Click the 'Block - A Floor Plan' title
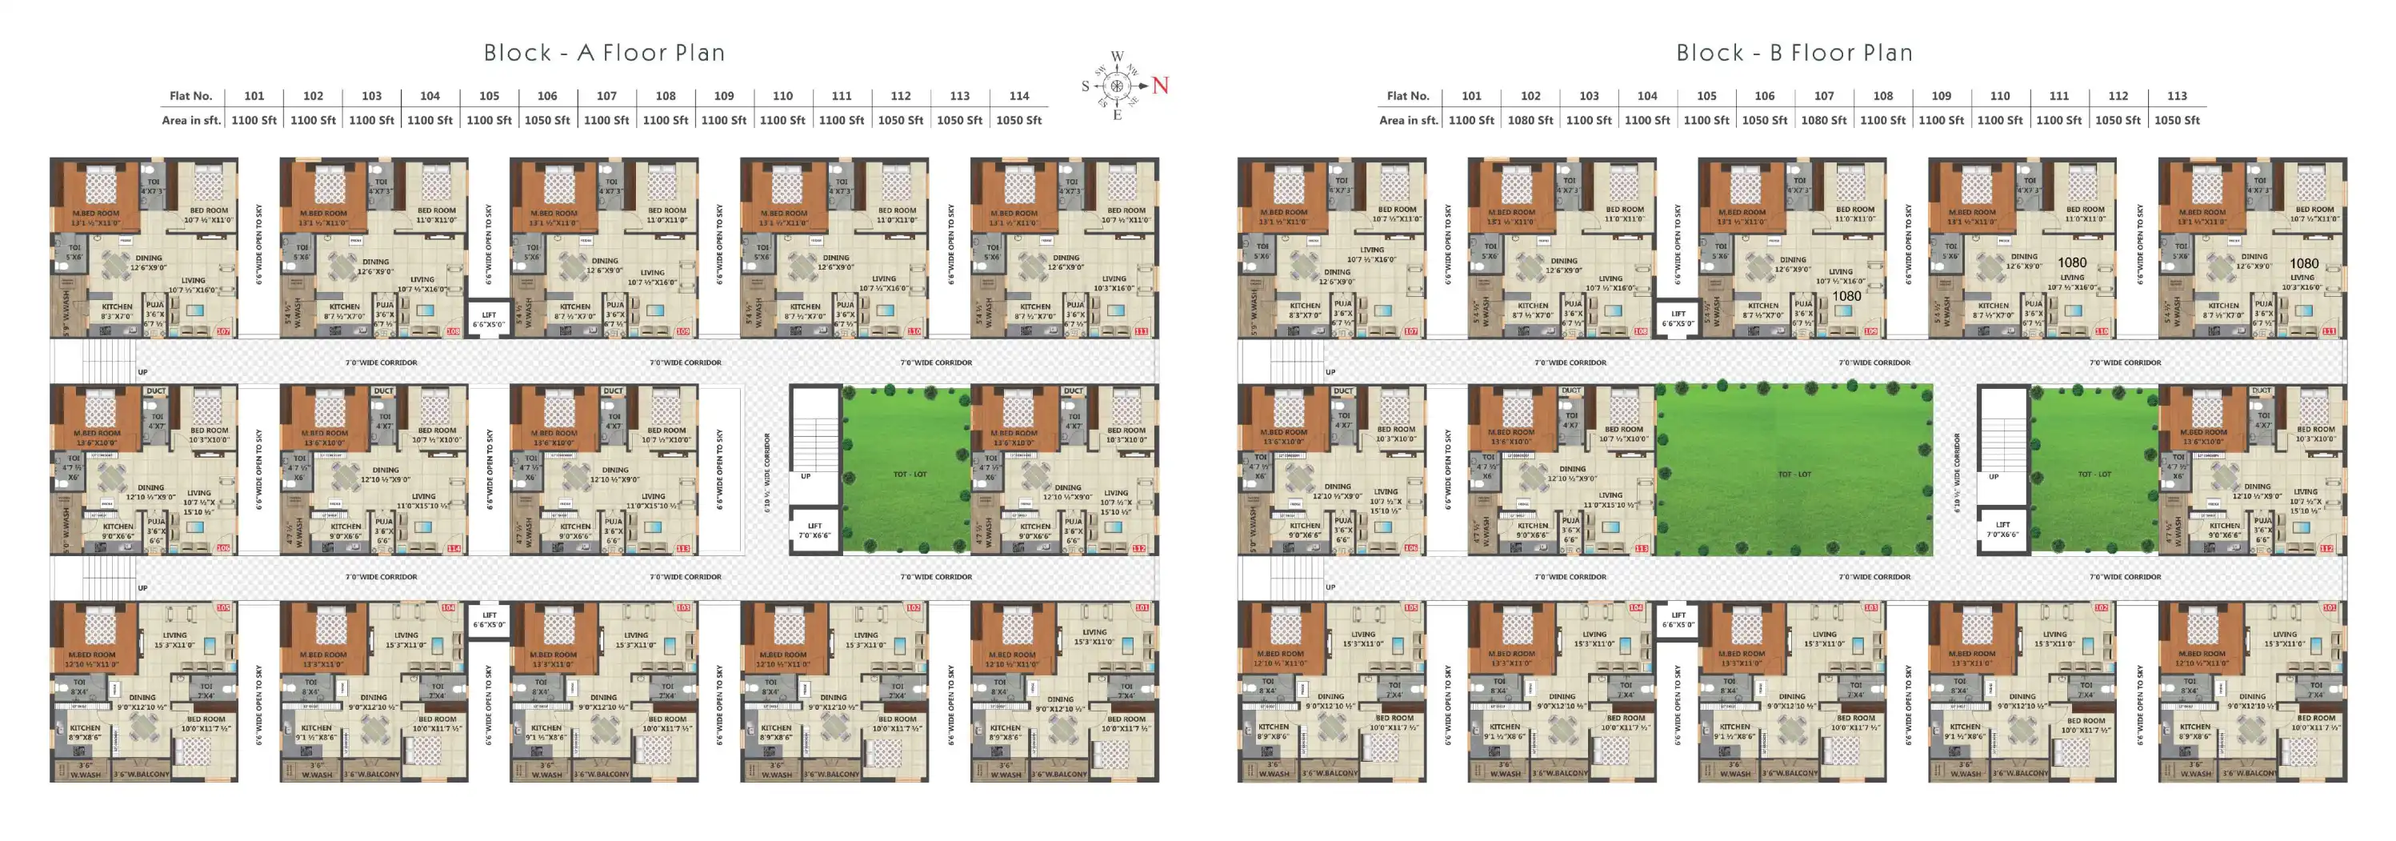[x=604, y=53]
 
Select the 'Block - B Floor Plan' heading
[x=1794, y=53]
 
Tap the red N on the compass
[x=1160, y=86]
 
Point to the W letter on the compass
[x=1117, y=57]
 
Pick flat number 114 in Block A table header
[x=1018, y=96]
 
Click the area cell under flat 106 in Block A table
[x=547, y=120]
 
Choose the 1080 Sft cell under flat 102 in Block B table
[x=1530, y=120]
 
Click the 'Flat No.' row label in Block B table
[x=1407, y=96]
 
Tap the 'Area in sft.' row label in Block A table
[x=190, y=120]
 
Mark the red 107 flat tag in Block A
[x=223, y=331]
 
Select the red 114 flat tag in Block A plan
[x=454, y=548]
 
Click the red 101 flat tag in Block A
[x=1142, y=607]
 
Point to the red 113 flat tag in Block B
[x=1642, y=548]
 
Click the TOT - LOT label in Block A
[x=910, y=475]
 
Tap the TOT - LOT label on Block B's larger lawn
[x=1794, y=475]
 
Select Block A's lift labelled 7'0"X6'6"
[x=814, y=531]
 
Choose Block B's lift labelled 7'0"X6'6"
[x=2002, y=530]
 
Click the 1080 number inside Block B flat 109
[x=1846, y=297]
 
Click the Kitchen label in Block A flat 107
[x=117, y=307]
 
